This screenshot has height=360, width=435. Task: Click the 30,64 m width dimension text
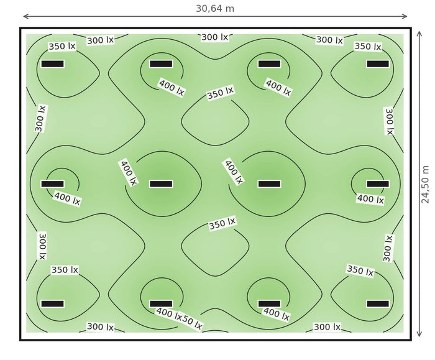pos(215,9)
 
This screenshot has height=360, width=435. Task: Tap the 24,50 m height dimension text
pos(424,185)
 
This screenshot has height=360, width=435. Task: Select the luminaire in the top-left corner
pos(52,64)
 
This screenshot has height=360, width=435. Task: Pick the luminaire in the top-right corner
pos(378,64)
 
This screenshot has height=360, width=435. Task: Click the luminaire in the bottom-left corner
pos(52,303)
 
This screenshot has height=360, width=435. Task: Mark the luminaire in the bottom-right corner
pos(378,303)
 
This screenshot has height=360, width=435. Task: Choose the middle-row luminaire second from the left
pos(161,184)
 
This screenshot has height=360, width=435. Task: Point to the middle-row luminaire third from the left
pos(269,184)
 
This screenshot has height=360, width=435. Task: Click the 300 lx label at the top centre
pos(215,37)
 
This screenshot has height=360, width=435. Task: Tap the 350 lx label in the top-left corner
pos(62,46)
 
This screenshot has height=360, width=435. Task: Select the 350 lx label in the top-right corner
pos(368,46)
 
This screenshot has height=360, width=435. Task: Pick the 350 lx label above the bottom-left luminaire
pos(65,270)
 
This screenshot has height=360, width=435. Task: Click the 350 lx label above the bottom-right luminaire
pos(360,270)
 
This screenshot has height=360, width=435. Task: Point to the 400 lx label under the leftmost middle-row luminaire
pos(67,198)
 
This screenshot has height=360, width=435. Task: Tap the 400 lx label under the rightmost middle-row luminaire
pos(370,199)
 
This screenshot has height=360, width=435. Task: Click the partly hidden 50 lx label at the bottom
pos(191,323)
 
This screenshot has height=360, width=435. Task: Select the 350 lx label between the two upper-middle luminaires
pos(221,93)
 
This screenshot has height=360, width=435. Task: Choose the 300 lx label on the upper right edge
pos(389,121)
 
